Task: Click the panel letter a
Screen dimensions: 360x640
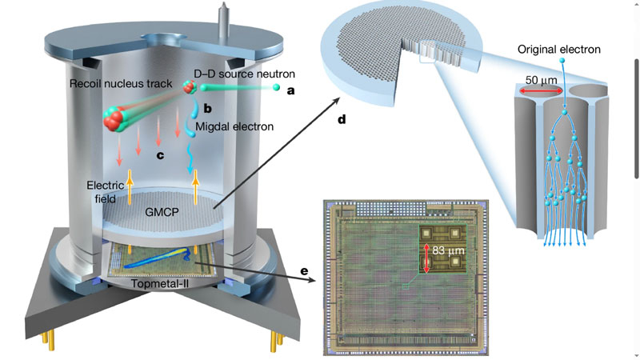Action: pyautogui.click(x=290, y=91)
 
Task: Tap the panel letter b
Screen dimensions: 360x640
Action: pyautogui.click(x=206, y=106)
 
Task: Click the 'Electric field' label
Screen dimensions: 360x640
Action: pyautogui.click(x=106, y=190)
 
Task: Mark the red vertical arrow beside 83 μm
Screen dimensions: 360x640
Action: pyautogui.click(x=425, y=258)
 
